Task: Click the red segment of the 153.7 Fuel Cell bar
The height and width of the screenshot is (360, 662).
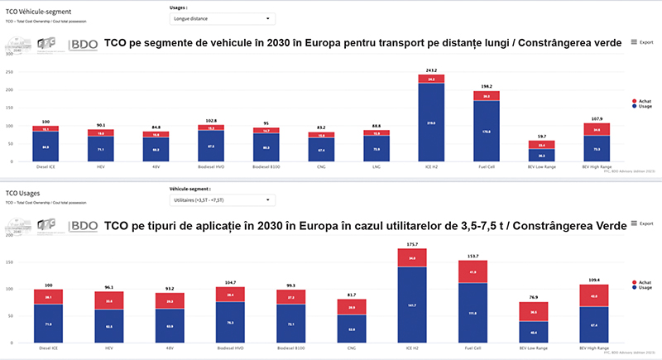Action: click(486, 272)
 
